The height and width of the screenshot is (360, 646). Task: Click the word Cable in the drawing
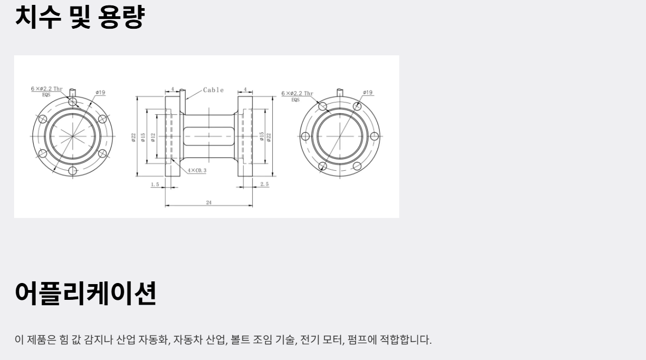[213, 90]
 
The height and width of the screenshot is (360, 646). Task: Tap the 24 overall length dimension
[209, 203]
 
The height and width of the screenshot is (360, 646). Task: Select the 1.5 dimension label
[155, 184]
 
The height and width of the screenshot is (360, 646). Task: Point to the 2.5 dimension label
[265, 184]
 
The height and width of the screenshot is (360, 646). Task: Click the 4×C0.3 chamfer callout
[197, 171]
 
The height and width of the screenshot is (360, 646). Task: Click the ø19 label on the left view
[100, 93]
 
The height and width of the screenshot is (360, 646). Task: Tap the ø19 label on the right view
[368, 93]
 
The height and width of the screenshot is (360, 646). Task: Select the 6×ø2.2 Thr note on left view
[47, 89]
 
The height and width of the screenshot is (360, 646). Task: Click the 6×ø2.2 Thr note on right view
[297, 93]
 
